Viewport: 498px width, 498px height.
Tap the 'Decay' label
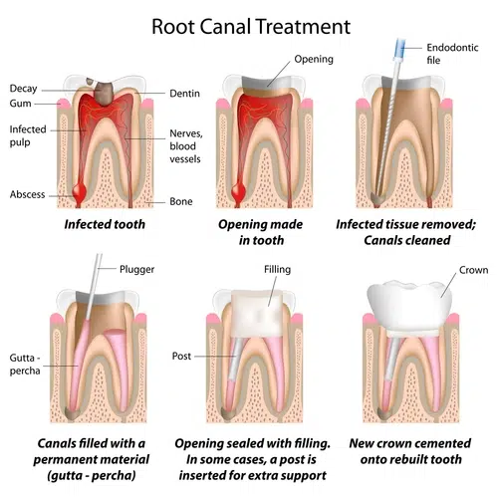pyautogui.click(x=25, y=89)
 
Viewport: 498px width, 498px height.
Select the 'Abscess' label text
pyautogui.click(x=28, y=194)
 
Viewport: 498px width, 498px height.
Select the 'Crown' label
pyautogui.click(x=473, y=270)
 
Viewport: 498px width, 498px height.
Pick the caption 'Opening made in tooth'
pyautogui.click(x=261, y=232)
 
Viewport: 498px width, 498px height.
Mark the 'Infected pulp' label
pyautogui.click(x=28, y=135)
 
